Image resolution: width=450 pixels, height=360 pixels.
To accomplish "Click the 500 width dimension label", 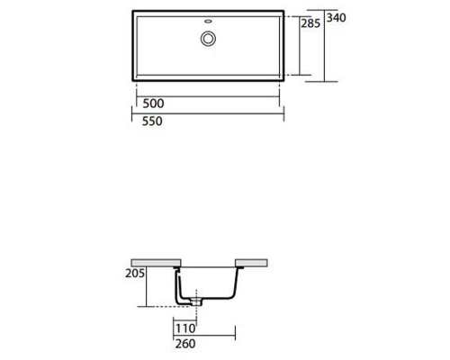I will click(x=153, y=103).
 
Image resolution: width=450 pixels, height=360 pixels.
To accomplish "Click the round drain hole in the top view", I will click(x=209, y=38).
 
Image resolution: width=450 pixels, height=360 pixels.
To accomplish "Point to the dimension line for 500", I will click(x=209, y=94).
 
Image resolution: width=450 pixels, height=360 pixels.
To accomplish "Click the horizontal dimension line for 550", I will click(x=209, y=114).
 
